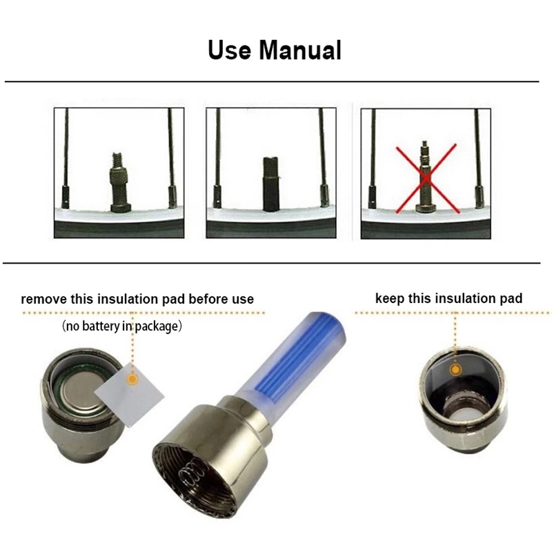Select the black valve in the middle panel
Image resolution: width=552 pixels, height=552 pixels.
click(x=270, y=183)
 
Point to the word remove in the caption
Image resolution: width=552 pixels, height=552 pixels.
click(x=43, y=299)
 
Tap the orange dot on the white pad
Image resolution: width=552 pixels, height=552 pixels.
click(x=133, y=379)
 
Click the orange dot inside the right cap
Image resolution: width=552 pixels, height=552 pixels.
click(x=455, y=371)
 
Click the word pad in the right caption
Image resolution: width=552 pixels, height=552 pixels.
click(x=511, y=299)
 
